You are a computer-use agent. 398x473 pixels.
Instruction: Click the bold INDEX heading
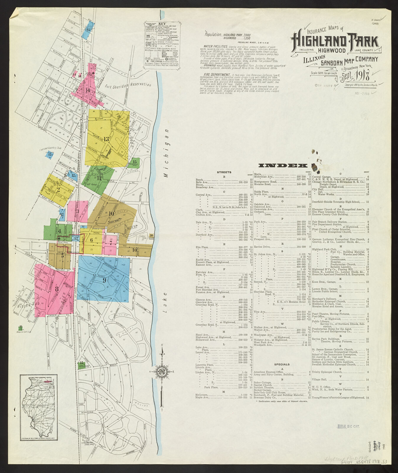click(283, 166)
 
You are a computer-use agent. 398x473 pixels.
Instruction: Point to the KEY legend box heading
click(162, 24)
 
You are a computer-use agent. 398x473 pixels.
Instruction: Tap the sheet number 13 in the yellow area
click(106, 139)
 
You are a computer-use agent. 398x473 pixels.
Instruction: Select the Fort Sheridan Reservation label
click(128, 85)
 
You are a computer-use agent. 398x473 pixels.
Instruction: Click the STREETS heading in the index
click(224, 172)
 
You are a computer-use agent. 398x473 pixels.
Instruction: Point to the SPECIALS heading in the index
click(282, 364)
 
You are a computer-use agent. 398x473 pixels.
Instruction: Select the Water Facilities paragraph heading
click(216, 47)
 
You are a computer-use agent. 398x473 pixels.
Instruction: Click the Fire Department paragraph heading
click(217, 75)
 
